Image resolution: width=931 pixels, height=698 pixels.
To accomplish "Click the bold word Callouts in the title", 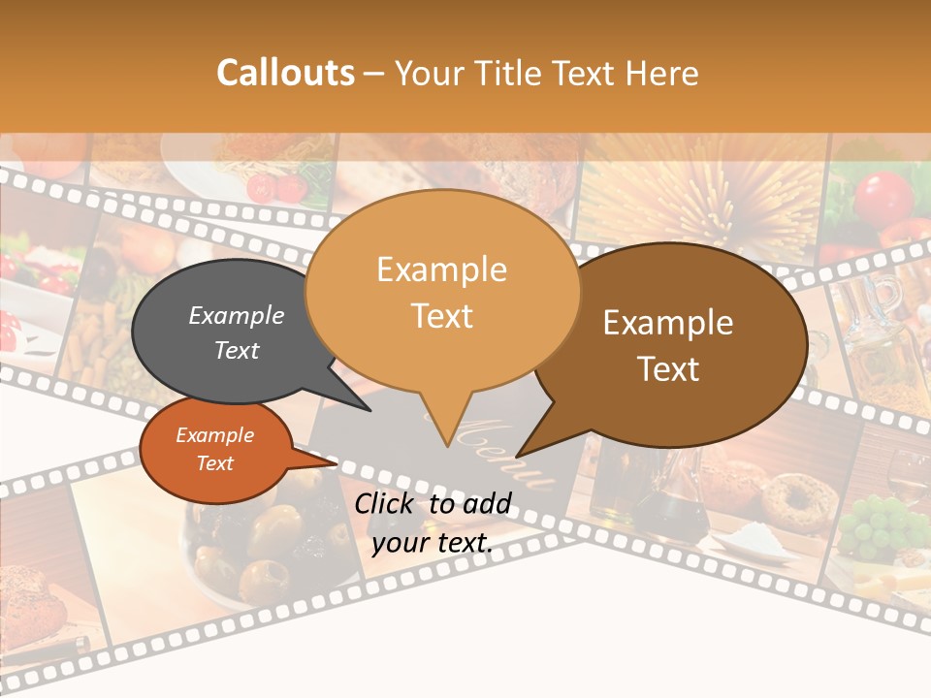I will (x=285, y=73).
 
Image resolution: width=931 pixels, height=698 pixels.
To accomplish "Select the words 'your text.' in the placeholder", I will (x=432, y=542).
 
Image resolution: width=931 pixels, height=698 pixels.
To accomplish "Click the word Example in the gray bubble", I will (x=236, y=315).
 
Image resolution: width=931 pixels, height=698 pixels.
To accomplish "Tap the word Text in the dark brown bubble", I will (x=668, y=368).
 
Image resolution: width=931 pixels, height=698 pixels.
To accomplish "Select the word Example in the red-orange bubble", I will (x=214, y=435).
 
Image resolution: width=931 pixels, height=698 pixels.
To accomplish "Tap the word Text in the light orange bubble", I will (x=441, y=316).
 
